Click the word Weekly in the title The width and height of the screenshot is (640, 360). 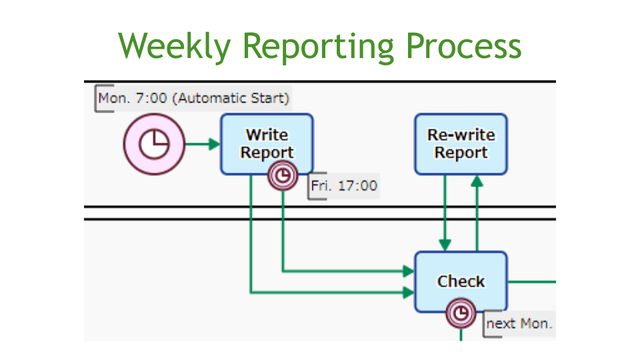click(x=175, y=47)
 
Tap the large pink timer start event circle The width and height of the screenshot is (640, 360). click(x=154, y=144)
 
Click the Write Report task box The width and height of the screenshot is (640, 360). click(x=267, y=144)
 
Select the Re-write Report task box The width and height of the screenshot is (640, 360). click(x=461, y=144)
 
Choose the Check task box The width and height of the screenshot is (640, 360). click(x=461, y=281)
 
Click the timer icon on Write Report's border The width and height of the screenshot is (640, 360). click(x=283, y=175)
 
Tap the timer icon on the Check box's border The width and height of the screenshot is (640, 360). click(x=461, y=313)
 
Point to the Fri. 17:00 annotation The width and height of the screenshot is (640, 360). click(x=344, y=186)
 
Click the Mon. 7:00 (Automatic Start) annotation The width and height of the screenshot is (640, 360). click(x=193, y=99)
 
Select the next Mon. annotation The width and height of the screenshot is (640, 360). click(x=519, y=324)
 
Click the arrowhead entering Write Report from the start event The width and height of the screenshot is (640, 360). click(x=214, y=144)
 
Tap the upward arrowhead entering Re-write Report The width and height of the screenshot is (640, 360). click(x=477, y=181)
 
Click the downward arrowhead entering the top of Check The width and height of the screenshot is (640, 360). click(x=445, y=245)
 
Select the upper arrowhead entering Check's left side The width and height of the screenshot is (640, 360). click(x=409, y=271)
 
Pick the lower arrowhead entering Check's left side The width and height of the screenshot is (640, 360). click(x=409, y=292)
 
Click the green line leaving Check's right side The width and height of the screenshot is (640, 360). click(x=532, y=281)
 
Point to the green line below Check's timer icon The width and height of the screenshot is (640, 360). click(x=461, y=334)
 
